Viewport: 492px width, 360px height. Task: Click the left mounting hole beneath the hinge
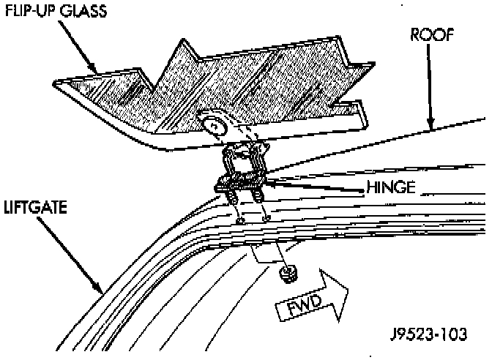(240, 220)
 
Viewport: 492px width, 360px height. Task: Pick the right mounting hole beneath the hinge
(266, 217)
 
